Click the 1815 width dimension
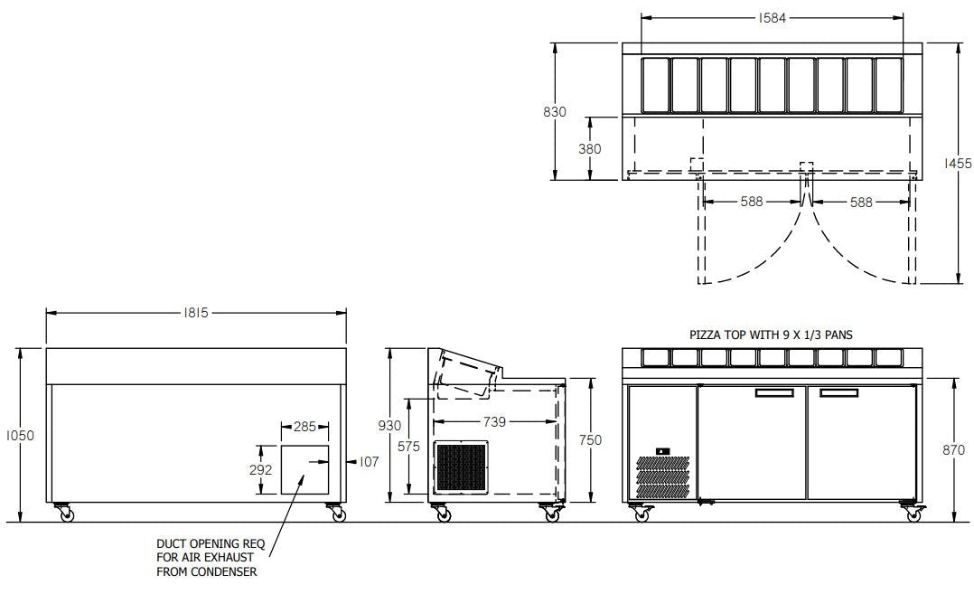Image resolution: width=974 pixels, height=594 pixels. coord(196,313)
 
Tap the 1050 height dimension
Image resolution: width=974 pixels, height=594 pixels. coord(20,436)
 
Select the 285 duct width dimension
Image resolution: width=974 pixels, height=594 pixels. coord(304,427)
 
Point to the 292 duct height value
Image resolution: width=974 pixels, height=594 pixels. coord(260,470)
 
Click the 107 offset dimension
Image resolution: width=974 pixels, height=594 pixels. coord(369,462)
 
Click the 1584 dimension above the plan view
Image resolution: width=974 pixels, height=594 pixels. coord(773,18)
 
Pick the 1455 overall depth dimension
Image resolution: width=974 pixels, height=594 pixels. coord(958,164)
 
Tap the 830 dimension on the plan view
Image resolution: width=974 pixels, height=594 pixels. coord(555,112)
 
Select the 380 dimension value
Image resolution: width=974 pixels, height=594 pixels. coord(589,149)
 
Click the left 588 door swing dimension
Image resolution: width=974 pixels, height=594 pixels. coord(752,202)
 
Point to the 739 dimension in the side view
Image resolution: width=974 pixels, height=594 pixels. coord(494,422)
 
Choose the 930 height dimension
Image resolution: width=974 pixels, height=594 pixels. coord(389,426)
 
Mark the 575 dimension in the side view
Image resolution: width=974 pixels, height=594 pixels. coord(408,446)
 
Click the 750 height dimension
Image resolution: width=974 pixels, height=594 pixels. coord(590,440)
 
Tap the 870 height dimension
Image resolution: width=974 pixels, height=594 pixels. coord(953,450)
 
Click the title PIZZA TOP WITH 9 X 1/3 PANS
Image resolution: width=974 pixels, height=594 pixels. coord(771,335)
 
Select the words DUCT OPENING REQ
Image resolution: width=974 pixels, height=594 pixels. coord(211,543)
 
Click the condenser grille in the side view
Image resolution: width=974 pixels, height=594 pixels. coord(462,466)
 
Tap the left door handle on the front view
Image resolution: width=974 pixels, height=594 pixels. coord(774,392)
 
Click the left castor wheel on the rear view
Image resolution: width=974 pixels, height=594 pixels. coord(65,514)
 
